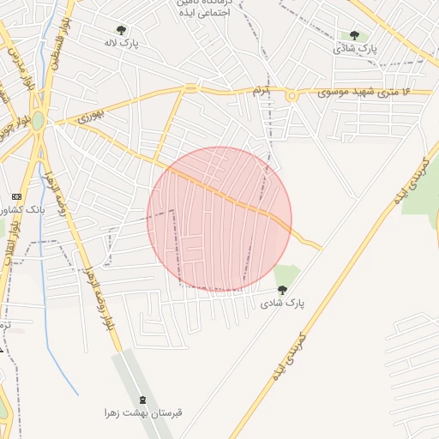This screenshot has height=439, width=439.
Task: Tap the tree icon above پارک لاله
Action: click(x=121, y=30)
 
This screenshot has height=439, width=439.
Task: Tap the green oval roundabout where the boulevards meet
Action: click(x=39, y=122)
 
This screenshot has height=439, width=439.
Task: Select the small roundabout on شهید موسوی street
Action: click(x=292, y=95)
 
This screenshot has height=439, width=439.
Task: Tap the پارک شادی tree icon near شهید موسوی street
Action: click(x=354, y=35)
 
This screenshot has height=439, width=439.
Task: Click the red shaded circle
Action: click(x=219, y=219)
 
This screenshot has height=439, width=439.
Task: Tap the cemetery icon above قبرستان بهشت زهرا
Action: click(x=142, y=400)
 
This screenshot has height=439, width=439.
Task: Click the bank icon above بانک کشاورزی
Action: click(x=15, y=196)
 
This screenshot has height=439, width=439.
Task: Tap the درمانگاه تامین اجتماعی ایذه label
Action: click(x=203, y=9)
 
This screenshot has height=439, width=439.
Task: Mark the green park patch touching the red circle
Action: click(x=288, y=275)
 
